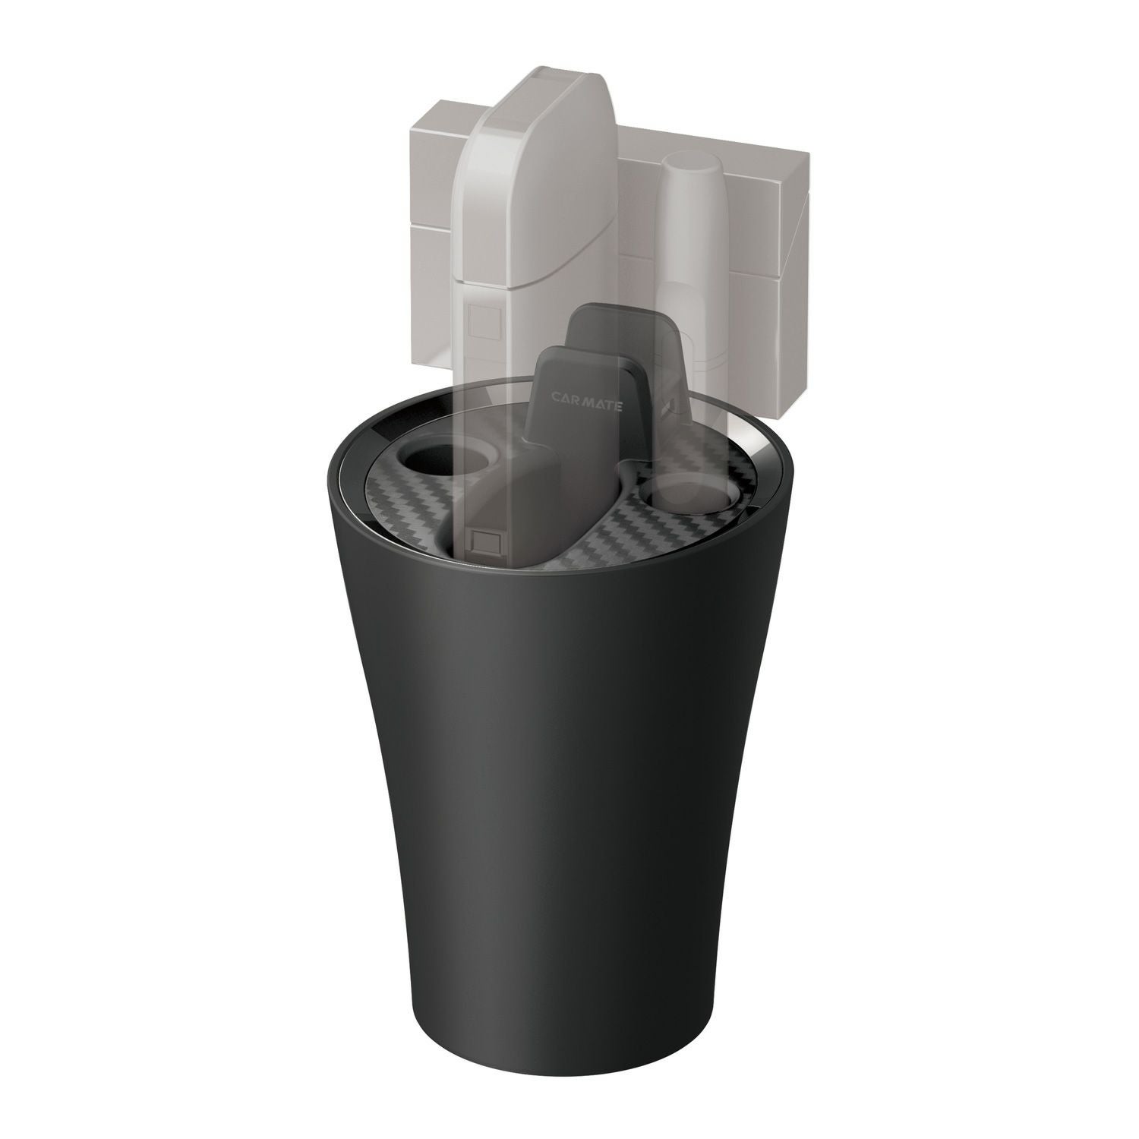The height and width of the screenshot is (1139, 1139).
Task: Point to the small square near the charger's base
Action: tap(484, 541)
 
